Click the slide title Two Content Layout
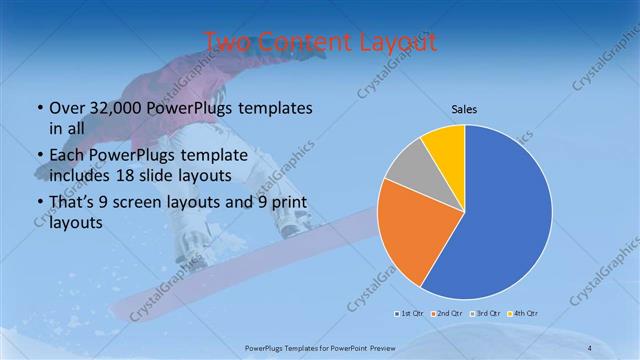[x=320, y=42]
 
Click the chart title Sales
[x=464, y=109]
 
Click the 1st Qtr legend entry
[x=409, y=314]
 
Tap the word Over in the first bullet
[x=66, y=108]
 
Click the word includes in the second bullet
[x=83, y=176]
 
